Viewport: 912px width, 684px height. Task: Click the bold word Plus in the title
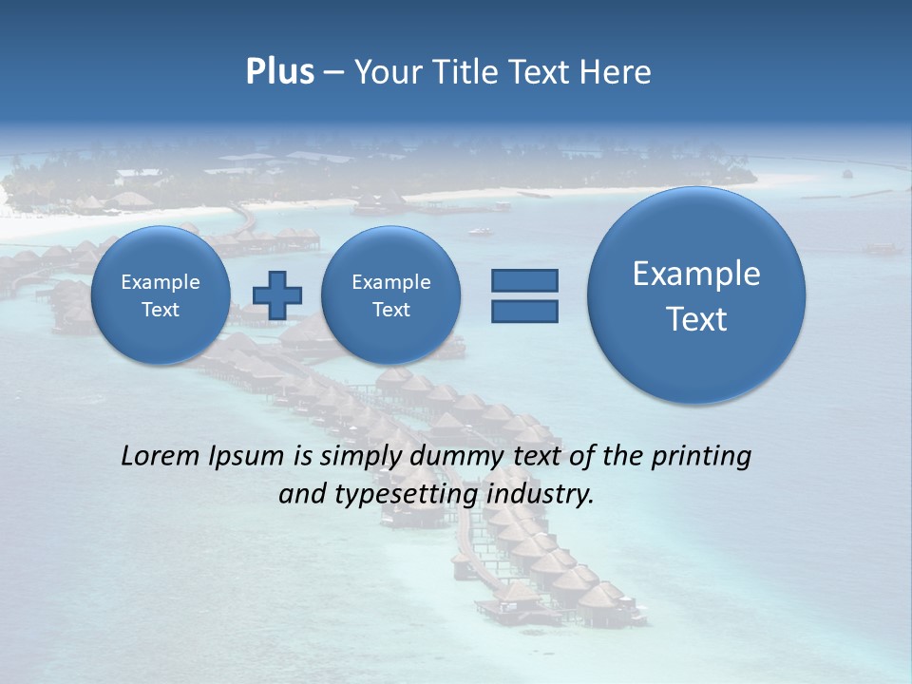[x=279, y=72]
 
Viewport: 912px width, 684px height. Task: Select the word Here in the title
[x=617, y=72]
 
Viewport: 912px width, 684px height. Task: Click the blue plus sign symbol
[x=277, y=294]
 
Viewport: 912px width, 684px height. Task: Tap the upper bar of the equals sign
[x=524, y=280]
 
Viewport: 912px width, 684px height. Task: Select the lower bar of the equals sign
[x=524, y=311]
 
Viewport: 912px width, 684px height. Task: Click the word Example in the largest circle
[x=696, y=274]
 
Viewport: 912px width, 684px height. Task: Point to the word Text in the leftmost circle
[x=161, y=310]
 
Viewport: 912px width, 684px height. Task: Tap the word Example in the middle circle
[x=390, y=282]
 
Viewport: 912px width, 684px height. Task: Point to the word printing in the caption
[x=703, y=457]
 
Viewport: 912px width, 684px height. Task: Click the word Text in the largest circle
[x=696, y=319]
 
